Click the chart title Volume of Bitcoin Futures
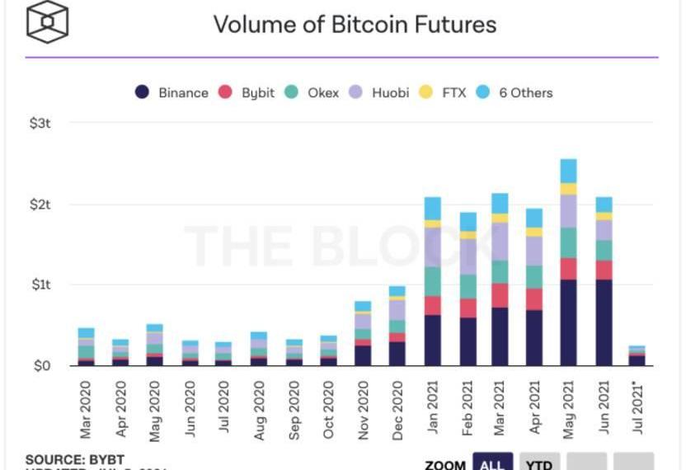pyautogui.click(x=355, y=24)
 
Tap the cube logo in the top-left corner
pyautogui.click(x=48, y=22)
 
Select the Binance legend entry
pyautogui.click(x=171, y=92)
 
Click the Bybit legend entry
pyautogui.click(x=247, y=92)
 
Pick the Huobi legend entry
pyautogui.click(x=379, y=92)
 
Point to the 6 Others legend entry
pyautogui.click(x=515, y=92)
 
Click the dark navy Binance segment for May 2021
pyautogui.click(x=568, y=322)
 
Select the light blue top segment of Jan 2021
pyautogui.click(x=432, y=208)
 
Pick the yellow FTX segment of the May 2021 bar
pyautogui.click(x=568, y=189)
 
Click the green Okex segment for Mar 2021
pyautogui.click(x=500, y=272)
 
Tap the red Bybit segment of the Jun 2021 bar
pyautogui.click(x=604, y=270)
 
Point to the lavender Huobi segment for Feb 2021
pyautogui.click(x=468, y=256)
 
